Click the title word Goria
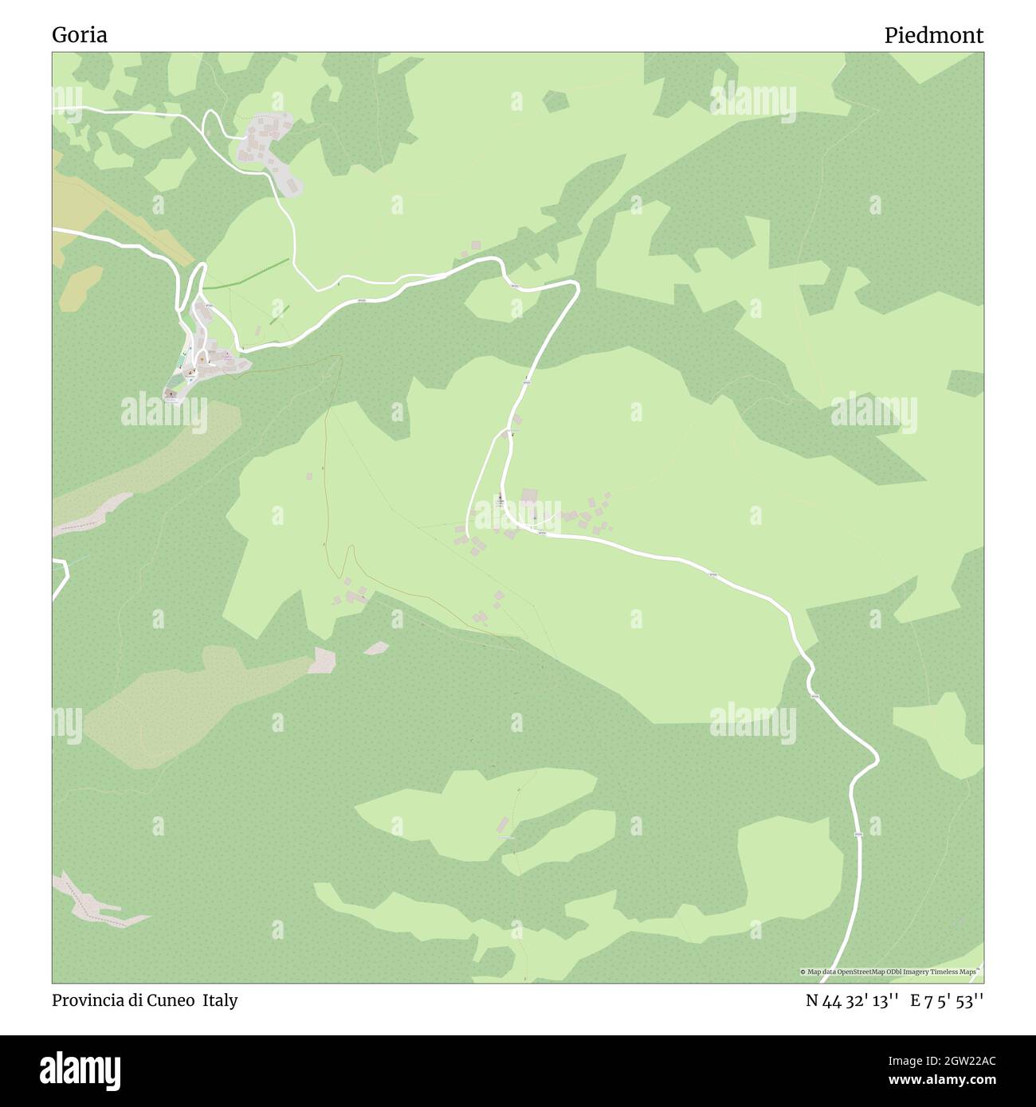[80, 35]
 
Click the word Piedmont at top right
[933, 35]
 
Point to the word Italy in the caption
[219, 1000]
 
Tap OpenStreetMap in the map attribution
[864, 972]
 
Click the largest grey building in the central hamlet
[529, 498]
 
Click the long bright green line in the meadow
[247, 272]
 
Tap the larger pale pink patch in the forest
[324, 659]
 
